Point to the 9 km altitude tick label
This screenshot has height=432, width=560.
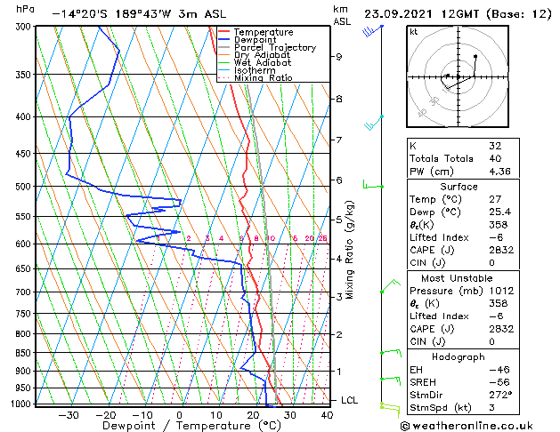pyautogui.click(x=339, y=56)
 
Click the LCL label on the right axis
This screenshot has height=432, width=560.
pyautogui.click(x=351, y=400)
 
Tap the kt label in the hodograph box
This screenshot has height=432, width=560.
pyautogui.click(x=414, y=31)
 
